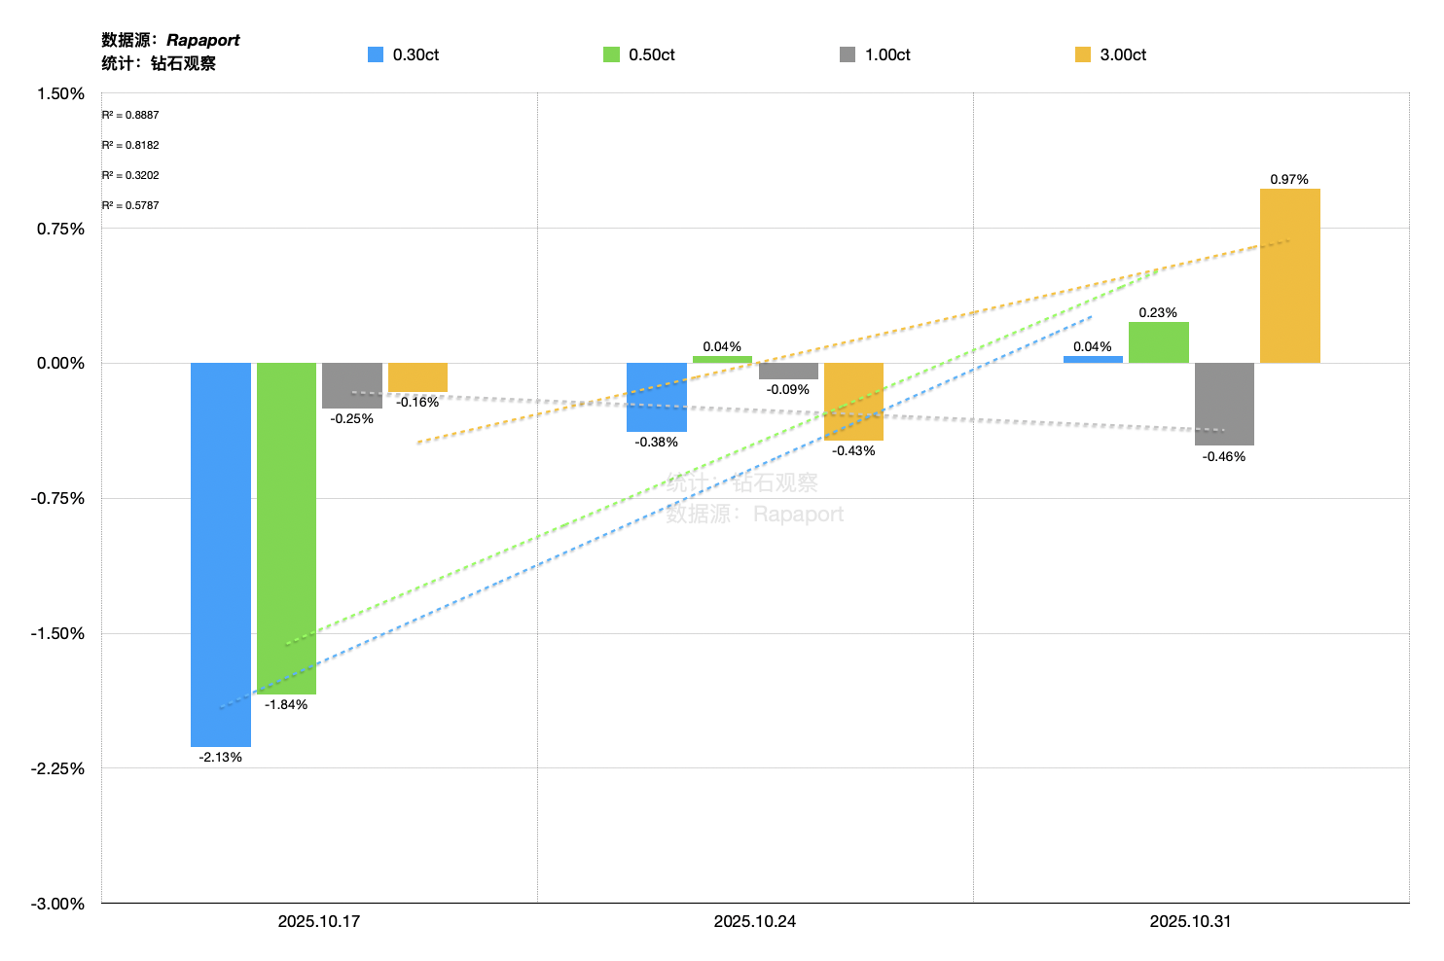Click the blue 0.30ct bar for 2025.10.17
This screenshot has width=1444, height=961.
coord(220,554)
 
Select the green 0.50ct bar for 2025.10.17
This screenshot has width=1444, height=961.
coord(286,528)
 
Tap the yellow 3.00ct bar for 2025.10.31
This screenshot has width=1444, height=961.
coord(1289,275)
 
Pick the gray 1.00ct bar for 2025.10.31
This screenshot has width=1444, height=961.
coord(1224,404)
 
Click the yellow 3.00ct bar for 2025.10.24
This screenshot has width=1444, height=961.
coord(853,402)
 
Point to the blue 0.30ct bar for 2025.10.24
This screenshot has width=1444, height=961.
coord(656,397)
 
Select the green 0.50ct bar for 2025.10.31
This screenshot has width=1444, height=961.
coord(1158,342)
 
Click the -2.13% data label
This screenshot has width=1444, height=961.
coord(221,757)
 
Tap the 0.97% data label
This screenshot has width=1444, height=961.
coord(1289,179)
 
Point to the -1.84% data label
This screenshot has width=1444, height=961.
coord(286,704)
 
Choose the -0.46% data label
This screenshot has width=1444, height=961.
coord(1223,456)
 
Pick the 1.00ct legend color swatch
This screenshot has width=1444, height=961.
coord(848,54)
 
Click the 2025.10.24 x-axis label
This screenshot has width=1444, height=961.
coord(754,921)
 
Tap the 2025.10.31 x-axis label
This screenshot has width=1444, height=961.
coord(1190,921)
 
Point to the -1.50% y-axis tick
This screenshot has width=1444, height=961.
coord(57,633)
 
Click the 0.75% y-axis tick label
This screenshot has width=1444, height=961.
coord(60,229)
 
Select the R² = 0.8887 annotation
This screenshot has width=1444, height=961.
coord(130,115)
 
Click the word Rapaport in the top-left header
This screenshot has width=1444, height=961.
coord(202,40)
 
